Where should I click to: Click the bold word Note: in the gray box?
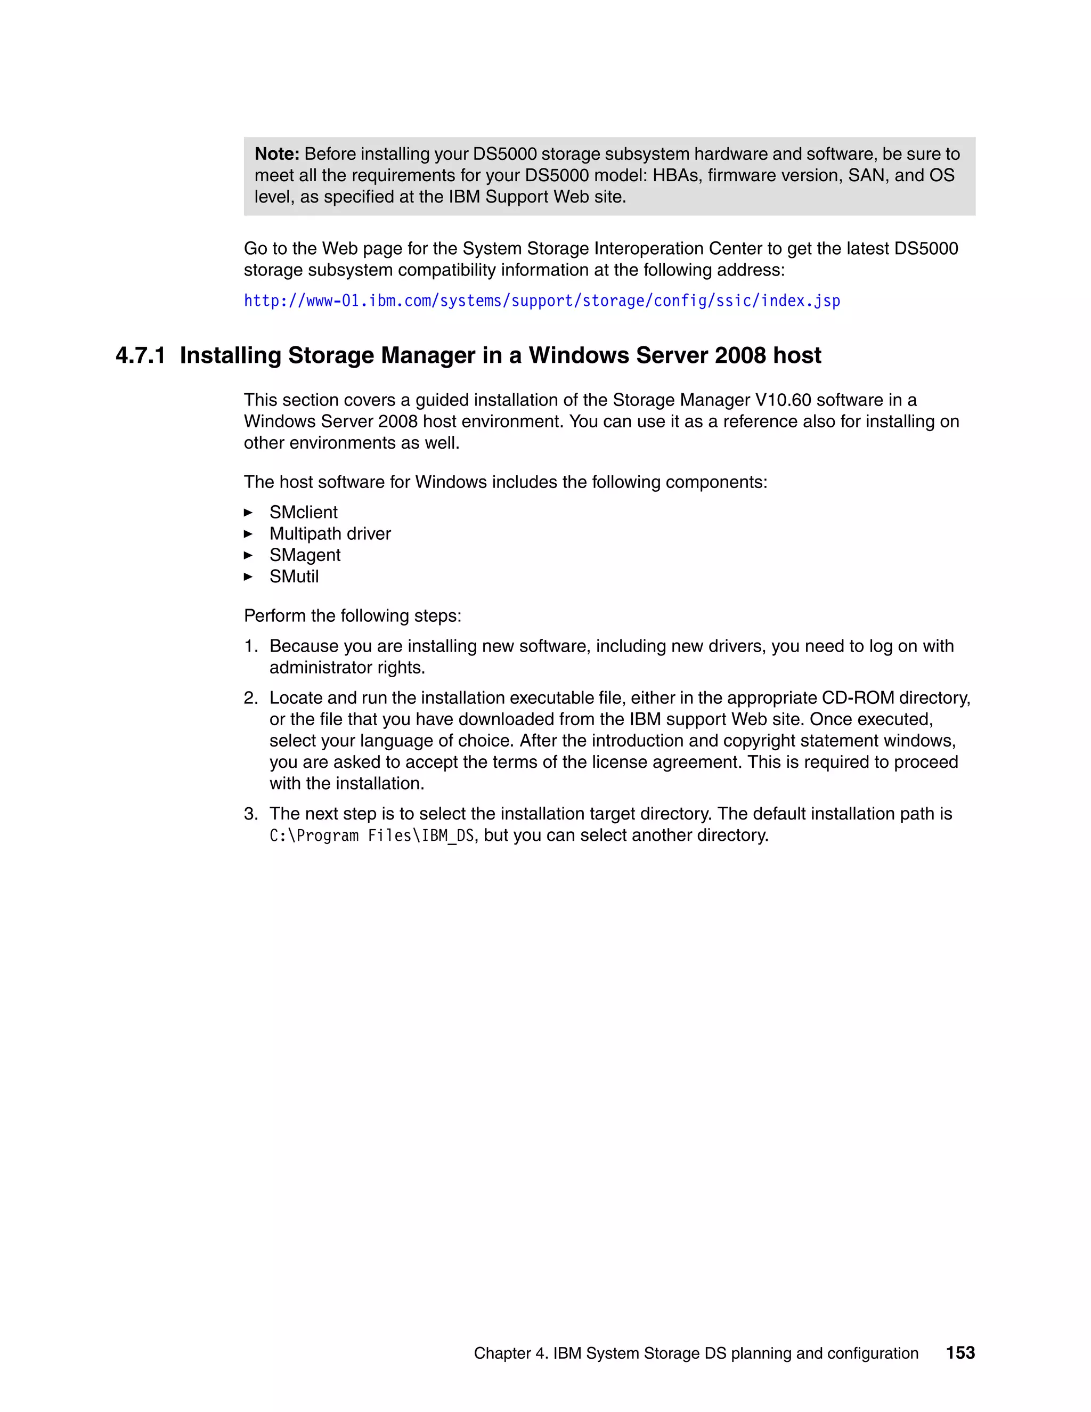[276, 154]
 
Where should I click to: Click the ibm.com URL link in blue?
[542, 301]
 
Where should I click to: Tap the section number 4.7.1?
[140, 355]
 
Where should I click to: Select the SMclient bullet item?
[303, 512]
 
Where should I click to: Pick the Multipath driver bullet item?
[330, 533]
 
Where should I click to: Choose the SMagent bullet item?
[304, 555]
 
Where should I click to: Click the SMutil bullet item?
[294, 576]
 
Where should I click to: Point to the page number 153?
[960, 1352]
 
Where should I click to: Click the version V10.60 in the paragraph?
[783, 400]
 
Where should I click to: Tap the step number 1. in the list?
[251, 646]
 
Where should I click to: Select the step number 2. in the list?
[251, 697]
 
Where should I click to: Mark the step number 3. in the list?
[251, 813]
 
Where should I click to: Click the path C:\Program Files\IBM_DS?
[372, 835]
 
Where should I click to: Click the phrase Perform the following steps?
[352, 615]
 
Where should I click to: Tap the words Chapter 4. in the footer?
[510, 1353]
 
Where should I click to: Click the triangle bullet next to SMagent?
[248, 555]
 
